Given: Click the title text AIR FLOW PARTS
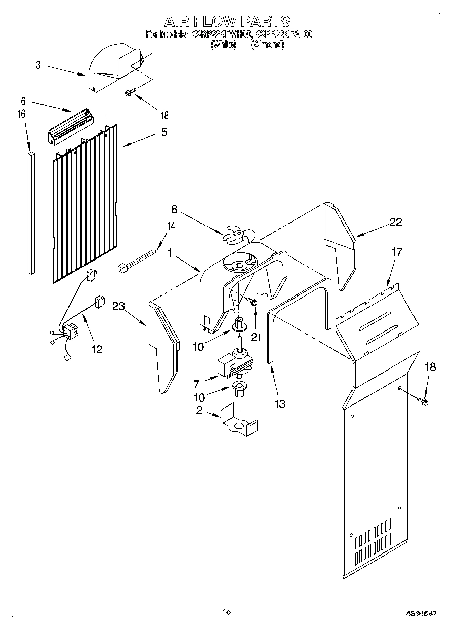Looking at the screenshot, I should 227,21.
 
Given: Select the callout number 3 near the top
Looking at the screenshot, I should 38,65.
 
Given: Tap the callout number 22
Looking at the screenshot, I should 396,221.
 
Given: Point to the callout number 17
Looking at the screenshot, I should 397,251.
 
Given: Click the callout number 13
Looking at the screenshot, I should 279,403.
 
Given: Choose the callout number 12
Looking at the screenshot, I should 97,349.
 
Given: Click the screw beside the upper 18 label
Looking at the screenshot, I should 130,92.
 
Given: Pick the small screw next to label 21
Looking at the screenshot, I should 253,302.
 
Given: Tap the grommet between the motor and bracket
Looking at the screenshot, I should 239,389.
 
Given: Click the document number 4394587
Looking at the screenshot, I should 422,613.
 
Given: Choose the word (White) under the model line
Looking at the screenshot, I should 223,44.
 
